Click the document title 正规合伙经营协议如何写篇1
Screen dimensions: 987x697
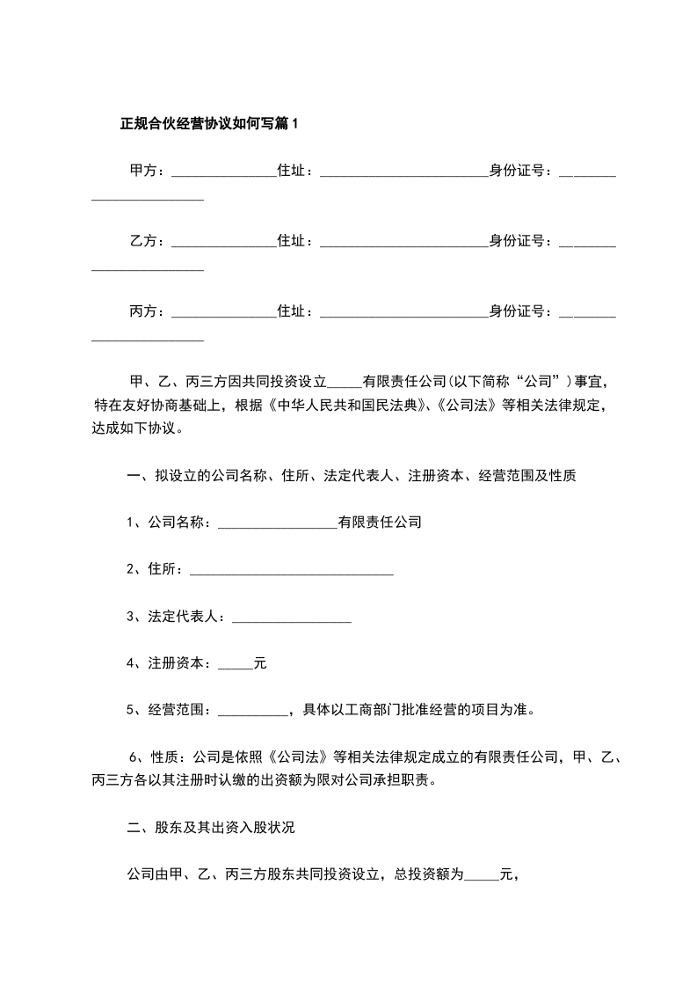pyautogui.click(x=209, y=124)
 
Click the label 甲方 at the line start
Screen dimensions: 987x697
pyautogui.click(x=144, y=171)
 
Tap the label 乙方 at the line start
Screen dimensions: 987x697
pyautogui.click(x=144, y=241)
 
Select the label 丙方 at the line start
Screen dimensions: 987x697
pyautogui.click(x=144, y=311)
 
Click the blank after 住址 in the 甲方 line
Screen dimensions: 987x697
pyautogui.click(x=403, y=173)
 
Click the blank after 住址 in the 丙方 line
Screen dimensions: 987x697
pyautogui.click(x=403, y=314)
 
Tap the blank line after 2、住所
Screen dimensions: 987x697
pyautogui.click(x=291, y=573)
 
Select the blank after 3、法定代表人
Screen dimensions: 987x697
pyautogui.click(x=291, y=620)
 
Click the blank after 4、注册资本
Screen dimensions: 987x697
pyautogui.click(x=235, y=667)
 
